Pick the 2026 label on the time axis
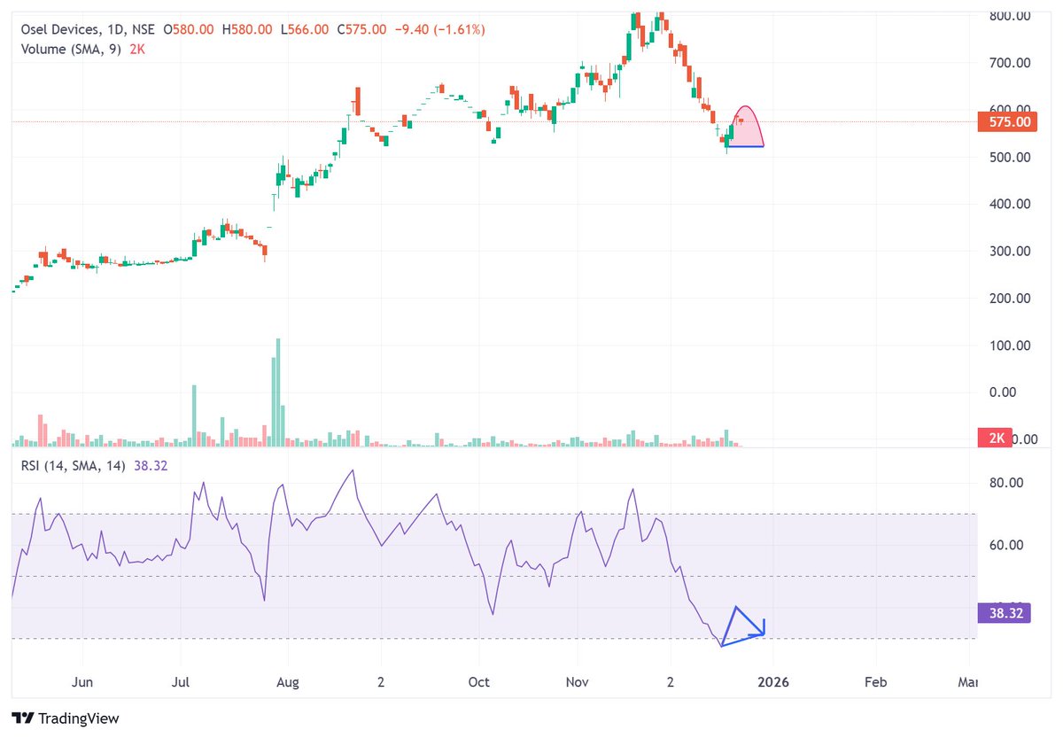[x=772, y=681]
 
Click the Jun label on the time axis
[x=81, y=681]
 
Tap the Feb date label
[x=875, y=681]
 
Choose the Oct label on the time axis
[x=478, y=681]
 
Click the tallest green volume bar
[x=278, y=390]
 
